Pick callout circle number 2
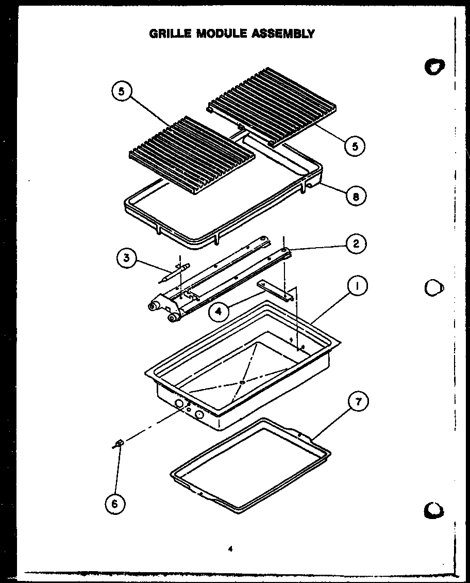point(356,243)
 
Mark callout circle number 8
point(356,196)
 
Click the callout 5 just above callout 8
point(355,146)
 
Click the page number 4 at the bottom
point(230,548)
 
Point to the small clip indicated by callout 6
point(118,443)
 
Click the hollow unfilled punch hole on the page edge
point(434,287)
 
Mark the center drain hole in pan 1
point(242,382)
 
